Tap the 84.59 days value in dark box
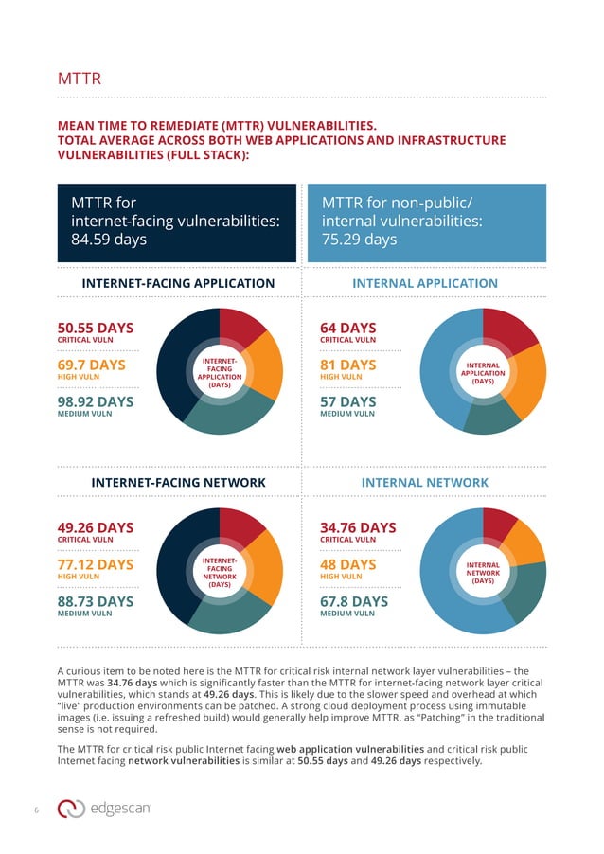(x=109, y=240)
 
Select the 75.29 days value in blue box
(x=359, y=240)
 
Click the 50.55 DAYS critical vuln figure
(x=96, y=329)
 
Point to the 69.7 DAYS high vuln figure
(x=92, y=365)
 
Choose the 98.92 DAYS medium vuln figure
(x=96, y=401)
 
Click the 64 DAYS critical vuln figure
(x=348, y=329)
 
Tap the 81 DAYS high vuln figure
(x=347, y=365)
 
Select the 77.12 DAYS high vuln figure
(x=96, y=564)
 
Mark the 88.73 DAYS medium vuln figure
(x=96, y=601)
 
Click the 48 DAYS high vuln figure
(x=347, y=564)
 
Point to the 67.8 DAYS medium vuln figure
(x=354, y=601)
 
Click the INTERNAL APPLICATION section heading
(x=425, y=283)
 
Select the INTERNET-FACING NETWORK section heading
(x=178, y=482)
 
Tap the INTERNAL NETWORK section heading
(x=425, y=482)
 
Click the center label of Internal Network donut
(x=483, y=572)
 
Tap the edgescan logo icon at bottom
(x=71, y=808)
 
